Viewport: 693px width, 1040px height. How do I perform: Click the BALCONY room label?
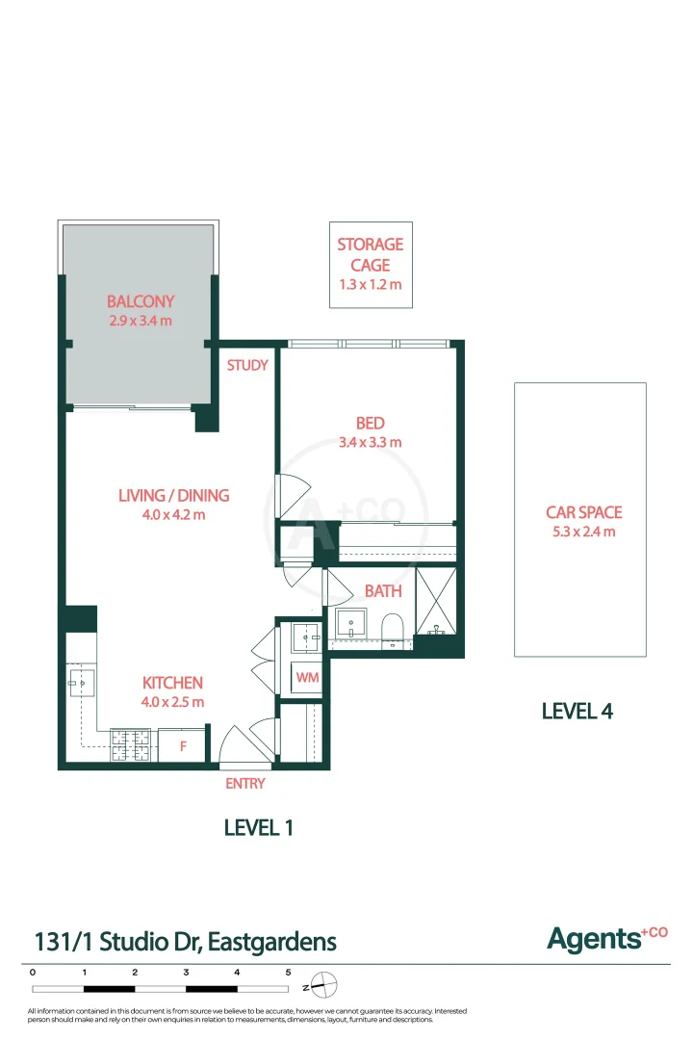[x=141, y=301]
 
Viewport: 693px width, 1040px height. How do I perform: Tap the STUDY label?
[x=247, y=366]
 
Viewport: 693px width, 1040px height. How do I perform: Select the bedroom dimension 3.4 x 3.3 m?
[x=371, y=443]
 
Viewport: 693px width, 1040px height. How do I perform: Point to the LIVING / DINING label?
[x=173, y=496]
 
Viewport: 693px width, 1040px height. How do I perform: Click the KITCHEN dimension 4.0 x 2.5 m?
[x=173, y=702]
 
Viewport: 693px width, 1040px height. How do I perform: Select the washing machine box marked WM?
[x=307, y=678]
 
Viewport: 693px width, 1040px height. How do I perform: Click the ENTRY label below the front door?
[x=244, y=784]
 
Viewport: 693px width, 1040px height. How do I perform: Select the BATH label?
[x=382, y=591]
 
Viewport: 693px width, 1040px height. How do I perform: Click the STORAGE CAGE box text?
[x=370, y=254]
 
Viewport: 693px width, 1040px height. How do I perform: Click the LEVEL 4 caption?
[x=577, y=712]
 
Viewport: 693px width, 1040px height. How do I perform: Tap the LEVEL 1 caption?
[x=258, y=827]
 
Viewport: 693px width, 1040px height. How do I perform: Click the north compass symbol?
[x=324, y=986]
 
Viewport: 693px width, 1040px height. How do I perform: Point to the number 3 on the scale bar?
[x=186, y=973]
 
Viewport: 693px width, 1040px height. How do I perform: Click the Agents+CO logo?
[x=606, y=937]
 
